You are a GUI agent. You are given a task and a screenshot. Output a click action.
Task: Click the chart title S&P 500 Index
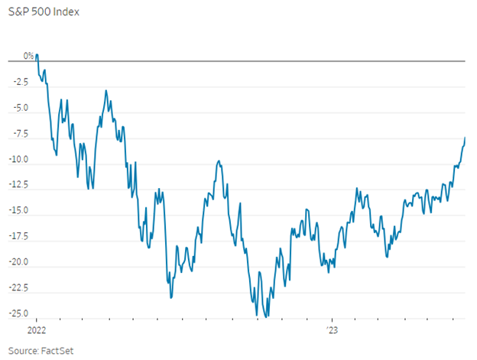(43, 12)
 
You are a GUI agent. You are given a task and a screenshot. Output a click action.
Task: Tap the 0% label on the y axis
(28, 56)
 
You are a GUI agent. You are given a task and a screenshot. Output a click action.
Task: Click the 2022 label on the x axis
(37, 332)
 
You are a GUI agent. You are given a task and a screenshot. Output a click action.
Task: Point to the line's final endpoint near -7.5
(465, 138)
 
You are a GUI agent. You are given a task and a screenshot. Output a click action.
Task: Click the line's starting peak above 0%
(37, 55)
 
